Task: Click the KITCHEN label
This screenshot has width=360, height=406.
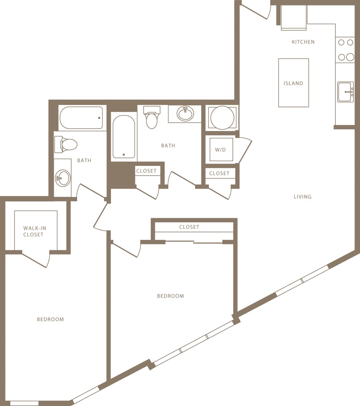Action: pyautogui.click(x=303, y=42)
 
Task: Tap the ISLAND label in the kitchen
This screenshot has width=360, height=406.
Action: pyautogui.click(x=293, y=83)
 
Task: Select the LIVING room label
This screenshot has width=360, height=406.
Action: pyautogui.click(x=302, y=197)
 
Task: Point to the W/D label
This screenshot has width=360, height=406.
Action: pyautogui.click(x=221, y=150)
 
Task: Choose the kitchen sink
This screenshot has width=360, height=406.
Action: pyautogui.click(x=345, y=92)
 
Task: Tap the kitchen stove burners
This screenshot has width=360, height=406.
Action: pyautogui.click(x=345, y=50)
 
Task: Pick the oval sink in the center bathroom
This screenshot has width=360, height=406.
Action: pyautogui.click(x=185, y=114)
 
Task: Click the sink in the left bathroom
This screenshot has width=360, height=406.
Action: pyautogui.click(x=63, y=178)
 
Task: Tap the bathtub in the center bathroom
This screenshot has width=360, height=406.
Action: pyautogui.click(x=124, y=137)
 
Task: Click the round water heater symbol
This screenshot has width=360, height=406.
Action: pyautogui.click(x=222, y=118)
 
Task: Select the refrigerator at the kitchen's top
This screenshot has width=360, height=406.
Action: pyautogui.click(x=294, y=18)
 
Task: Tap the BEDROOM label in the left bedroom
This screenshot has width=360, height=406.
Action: pyautogui.click(x=50, y=319)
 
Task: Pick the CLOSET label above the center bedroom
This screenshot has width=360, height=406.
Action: pyautogui.click(x=189, y=227)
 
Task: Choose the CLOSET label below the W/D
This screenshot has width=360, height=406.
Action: pyautogui.click(x=219, y=174)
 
